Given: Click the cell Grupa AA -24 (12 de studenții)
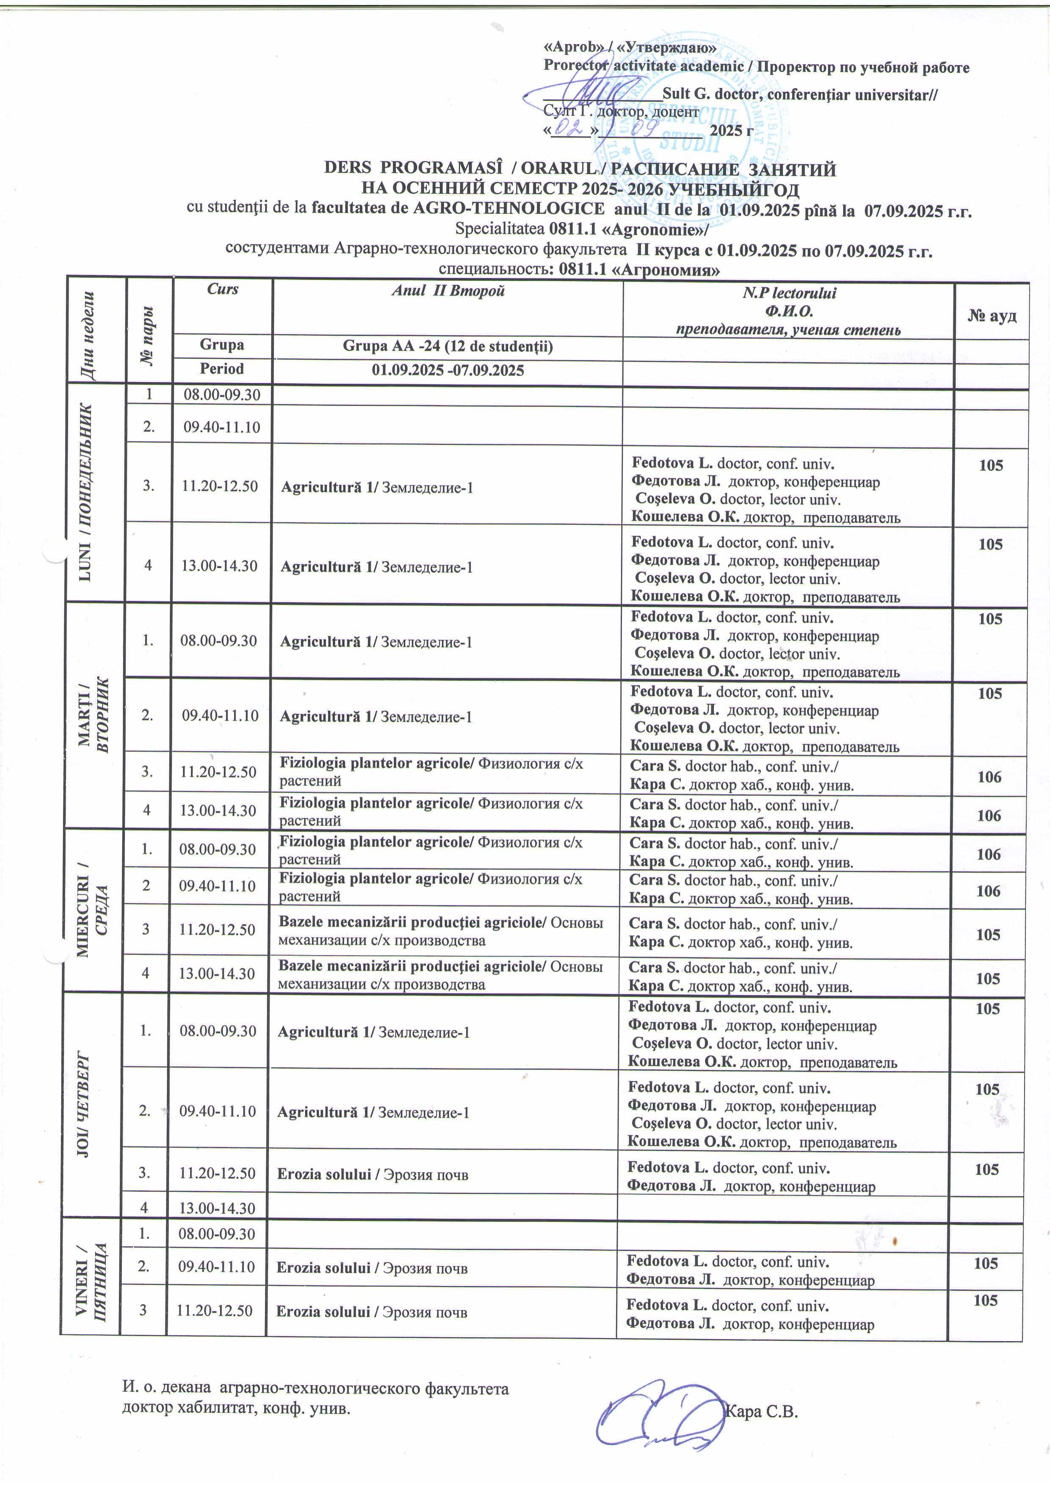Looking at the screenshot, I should click(x=448, y=347).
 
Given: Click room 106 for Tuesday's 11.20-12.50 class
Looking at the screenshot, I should click(x=989, y=777).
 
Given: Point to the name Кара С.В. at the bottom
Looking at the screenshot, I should click(x=761, y=1411).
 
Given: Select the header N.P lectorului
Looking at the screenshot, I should click(x=789, y=293).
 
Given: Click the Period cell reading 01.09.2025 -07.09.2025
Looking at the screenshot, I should click(x=448, y=370).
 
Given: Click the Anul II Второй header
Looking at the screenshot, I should click(x=448, y=291).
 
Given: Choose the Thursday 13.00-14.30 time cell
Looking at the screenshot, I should click(x=217, y=1208).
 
